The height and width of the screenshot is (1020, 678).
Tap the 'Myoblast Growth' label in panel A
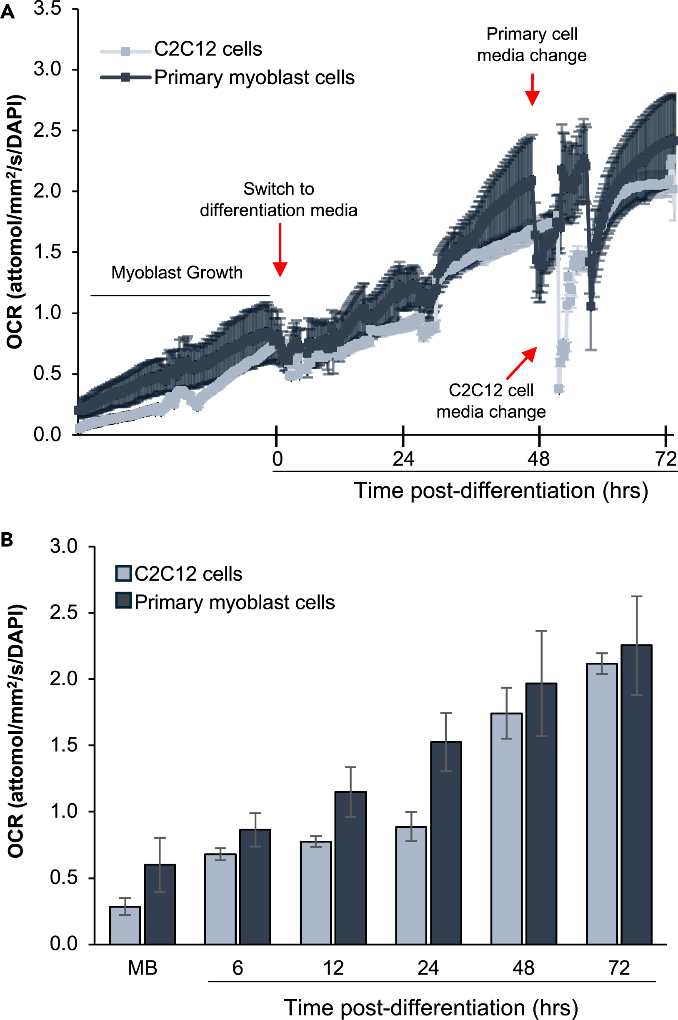click(x=177, y=273)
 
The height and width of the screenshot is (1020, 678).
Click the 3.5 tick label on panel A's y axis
click(x=48, y=9)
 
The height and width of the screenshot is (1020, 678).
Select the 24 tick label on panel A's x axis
click(x=403, y=459)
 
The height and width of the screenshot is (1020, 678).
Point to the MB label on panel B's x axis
click(x=142, y=967)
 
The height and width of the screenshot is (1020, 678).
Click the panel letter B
click(x=8, y=540)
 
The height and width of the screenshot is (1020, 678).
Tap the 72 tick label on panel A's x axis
click(x=665, y=459)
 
